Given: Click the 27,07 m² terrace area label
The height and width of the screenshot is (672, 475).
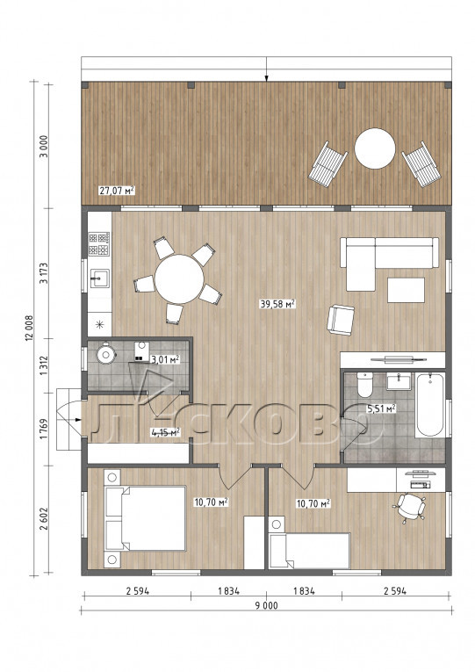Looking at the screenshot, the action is (117, 191).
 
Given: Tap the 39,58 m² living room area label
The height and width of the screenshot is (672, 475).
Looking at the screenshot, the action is (278, 304).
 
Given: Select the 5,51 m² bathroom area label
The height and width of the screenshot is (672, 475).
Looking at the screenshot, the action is (381, 408).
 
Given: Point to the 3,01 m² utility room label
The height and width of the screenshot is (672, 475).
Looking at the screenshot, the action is (164, 358).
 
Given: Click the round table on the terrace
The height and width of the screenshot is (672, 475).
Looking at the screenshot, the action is (375, 148).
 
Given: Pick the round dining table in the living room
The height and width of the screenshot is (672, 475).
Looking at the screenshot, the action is (179, 279).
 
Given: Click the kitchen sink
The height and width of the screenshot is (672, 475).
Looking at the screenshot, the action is (99, 280).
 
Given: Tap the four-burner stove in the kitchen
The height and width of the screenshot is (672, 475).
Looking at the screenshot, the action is (99, 244).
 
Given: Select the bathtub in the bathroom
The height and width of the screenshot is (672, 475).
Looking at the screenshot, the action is (429, 405).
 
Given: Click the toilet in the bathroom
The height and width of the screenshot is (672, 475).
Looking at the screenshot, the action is (365, 385).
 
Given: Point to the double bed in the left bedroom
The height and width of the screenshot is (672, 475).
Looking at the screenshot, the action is (145, 518).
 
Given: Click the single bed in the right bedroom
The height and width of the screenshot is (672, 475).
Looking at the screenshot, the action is (309, 550).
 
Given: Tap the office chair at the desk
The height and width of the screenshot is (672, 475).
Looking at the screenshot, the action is (409, 507).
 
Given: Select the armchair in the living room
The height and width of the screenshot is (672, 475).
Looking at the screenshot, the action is (341, 319).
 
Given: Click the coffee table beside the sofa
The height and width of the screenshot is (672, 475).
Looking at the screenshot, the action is (406, 290).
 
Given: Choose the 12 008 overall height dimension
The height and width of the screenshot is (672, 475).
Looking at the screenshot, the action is (29, 329).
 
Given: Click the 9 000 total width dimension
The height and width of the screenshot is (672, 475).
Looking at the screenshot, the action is (266, 605).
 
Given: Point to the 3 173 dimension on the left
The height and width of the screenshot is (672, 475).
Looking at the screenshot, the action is (44, 273).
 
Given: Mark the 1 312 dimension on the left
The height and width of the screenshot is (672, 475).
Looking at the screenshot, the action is (44, 365).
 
